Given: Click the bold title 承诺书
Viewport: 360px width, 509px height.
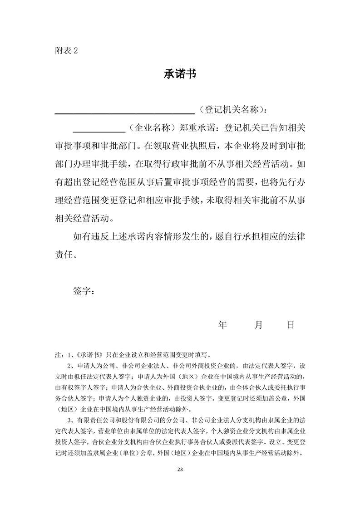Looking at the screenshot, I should point(180,74).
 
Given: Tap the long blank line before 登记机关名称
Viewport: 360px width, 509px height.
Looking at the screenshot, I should point(125,112).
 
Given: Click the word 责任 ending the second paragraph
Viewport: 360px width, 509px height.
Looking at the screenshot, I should point(63,254).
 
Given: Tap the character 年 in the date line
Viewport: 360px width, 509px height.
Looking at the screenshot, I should point(222,325).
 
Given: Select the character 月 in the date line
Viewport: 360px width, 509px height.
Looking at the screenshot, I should point(259,325).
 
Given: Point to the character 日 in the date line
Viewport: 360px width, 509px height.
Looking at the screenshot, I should point(291,325).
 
